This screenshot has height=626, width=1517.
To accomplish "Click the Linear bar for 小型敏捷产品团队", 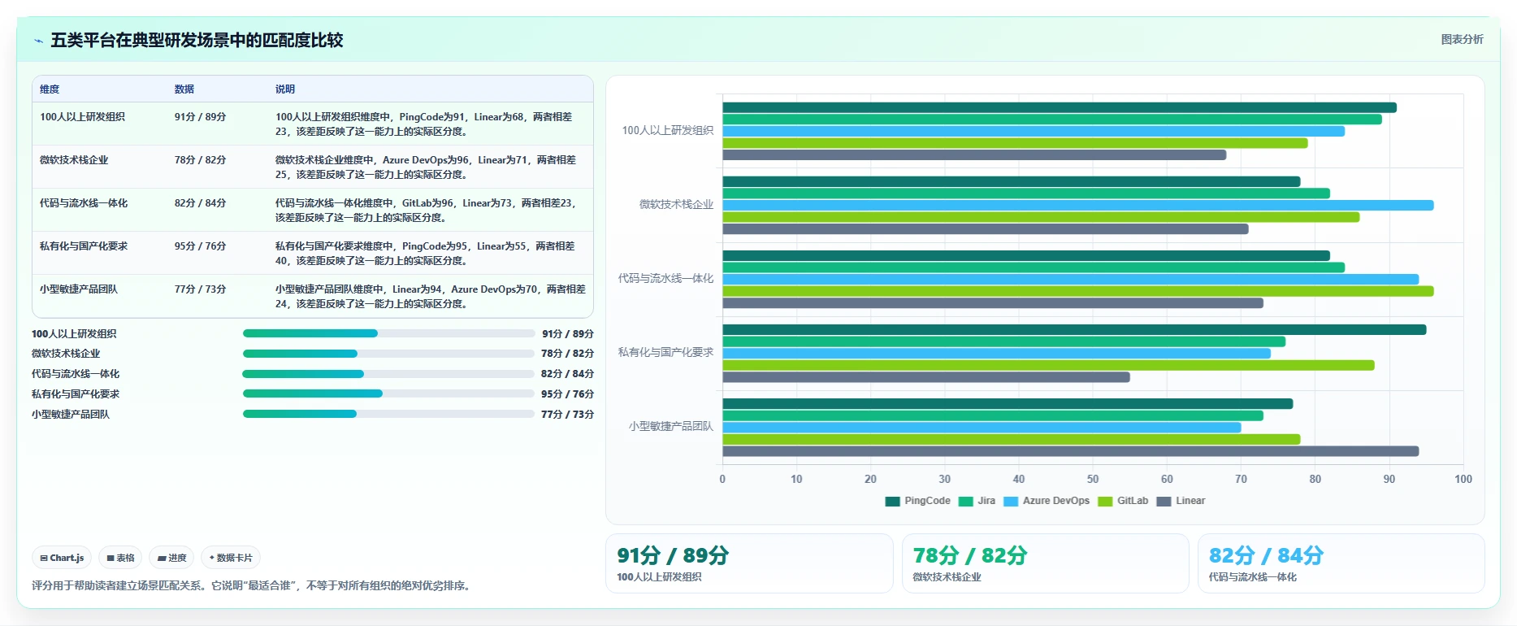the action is click(x=1070, y=451).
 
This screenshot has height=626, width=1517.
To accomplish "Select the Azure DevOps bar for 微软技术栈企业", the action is click(x=1077, y=205).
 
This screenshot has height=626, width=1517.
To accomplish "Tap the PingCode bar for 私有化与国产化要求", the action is click(x=1074, y=329).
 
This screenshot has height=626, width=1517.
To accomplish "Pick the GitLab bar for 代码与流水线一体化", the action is click(x=1077, y=291).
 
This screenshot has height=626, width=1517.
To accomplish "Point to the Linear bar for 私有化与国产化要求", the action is click(x=926, y=377).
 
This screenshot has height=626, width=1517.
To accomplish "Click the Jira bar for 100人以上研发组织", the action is click(x=1052, y=120).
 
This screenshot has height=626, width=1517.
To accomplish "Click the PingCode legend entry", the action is click(x=918, y=501).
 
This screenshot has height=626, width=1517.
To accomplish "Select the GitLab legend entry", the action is click(x=1123, y=501).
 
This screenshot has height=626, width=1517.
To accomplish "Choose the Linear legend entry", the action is click(x=1181, y=501).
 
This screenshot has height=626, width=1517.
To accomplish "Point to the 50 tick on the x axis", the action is click(x=1093, y=479).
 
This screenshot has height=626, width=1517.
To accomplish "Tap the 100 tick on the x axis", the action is click(x=1463, y=479).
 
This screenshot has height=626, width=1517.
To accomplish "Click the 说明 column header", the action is click(x=285, y=89).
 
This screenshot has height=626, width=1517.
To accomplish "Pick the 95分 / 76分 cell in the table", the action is click(x=200, y=246).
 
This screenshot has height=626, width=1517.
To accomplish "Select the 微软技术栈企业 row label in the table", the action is click(x=74, y=160).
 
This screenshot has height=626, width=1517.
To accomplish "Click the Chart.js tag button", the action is click(x=62, y=558).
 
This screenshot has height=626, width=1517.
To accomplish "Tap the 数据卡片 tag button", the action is click(x=231, y=558).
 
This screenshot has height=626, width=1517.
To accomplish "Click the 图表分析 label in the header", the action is click(x=1462, y=39).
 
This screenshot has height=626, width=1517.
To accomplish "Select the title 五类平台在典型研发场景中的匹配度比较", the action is click(x=197, y=40).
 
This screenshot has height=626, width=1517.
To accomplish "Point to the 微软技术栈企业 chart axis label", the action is click(x=676, y=204).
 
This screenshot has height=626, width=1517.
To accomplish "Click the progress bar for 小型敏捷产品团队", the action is click(x=388, y=414).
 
